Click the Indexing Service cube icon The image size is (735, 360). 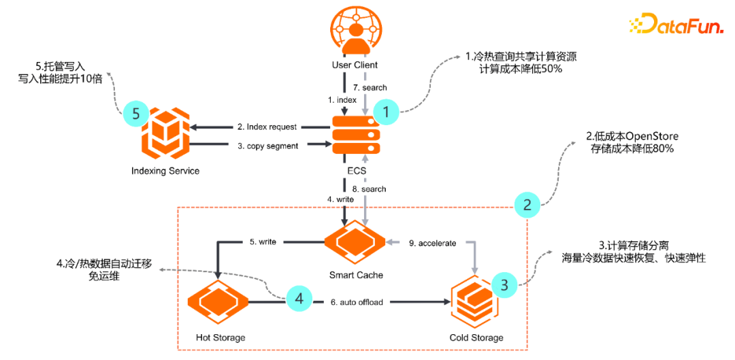(165, 134)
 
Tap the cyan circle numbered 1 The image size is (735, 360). (387, 113)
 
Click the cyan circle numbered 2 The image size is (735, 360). (528, 203)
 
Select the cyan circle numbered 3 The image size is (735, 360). (504, 285)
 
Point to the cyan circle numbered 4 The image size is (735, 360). (299, 297)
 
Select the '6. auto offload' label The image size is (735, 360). (357, 302)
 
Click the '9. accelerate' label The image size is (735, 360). (432, 242)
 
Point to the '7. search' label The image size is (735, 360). (370, 88)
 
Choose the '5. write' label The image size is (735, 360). (262, 242)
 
